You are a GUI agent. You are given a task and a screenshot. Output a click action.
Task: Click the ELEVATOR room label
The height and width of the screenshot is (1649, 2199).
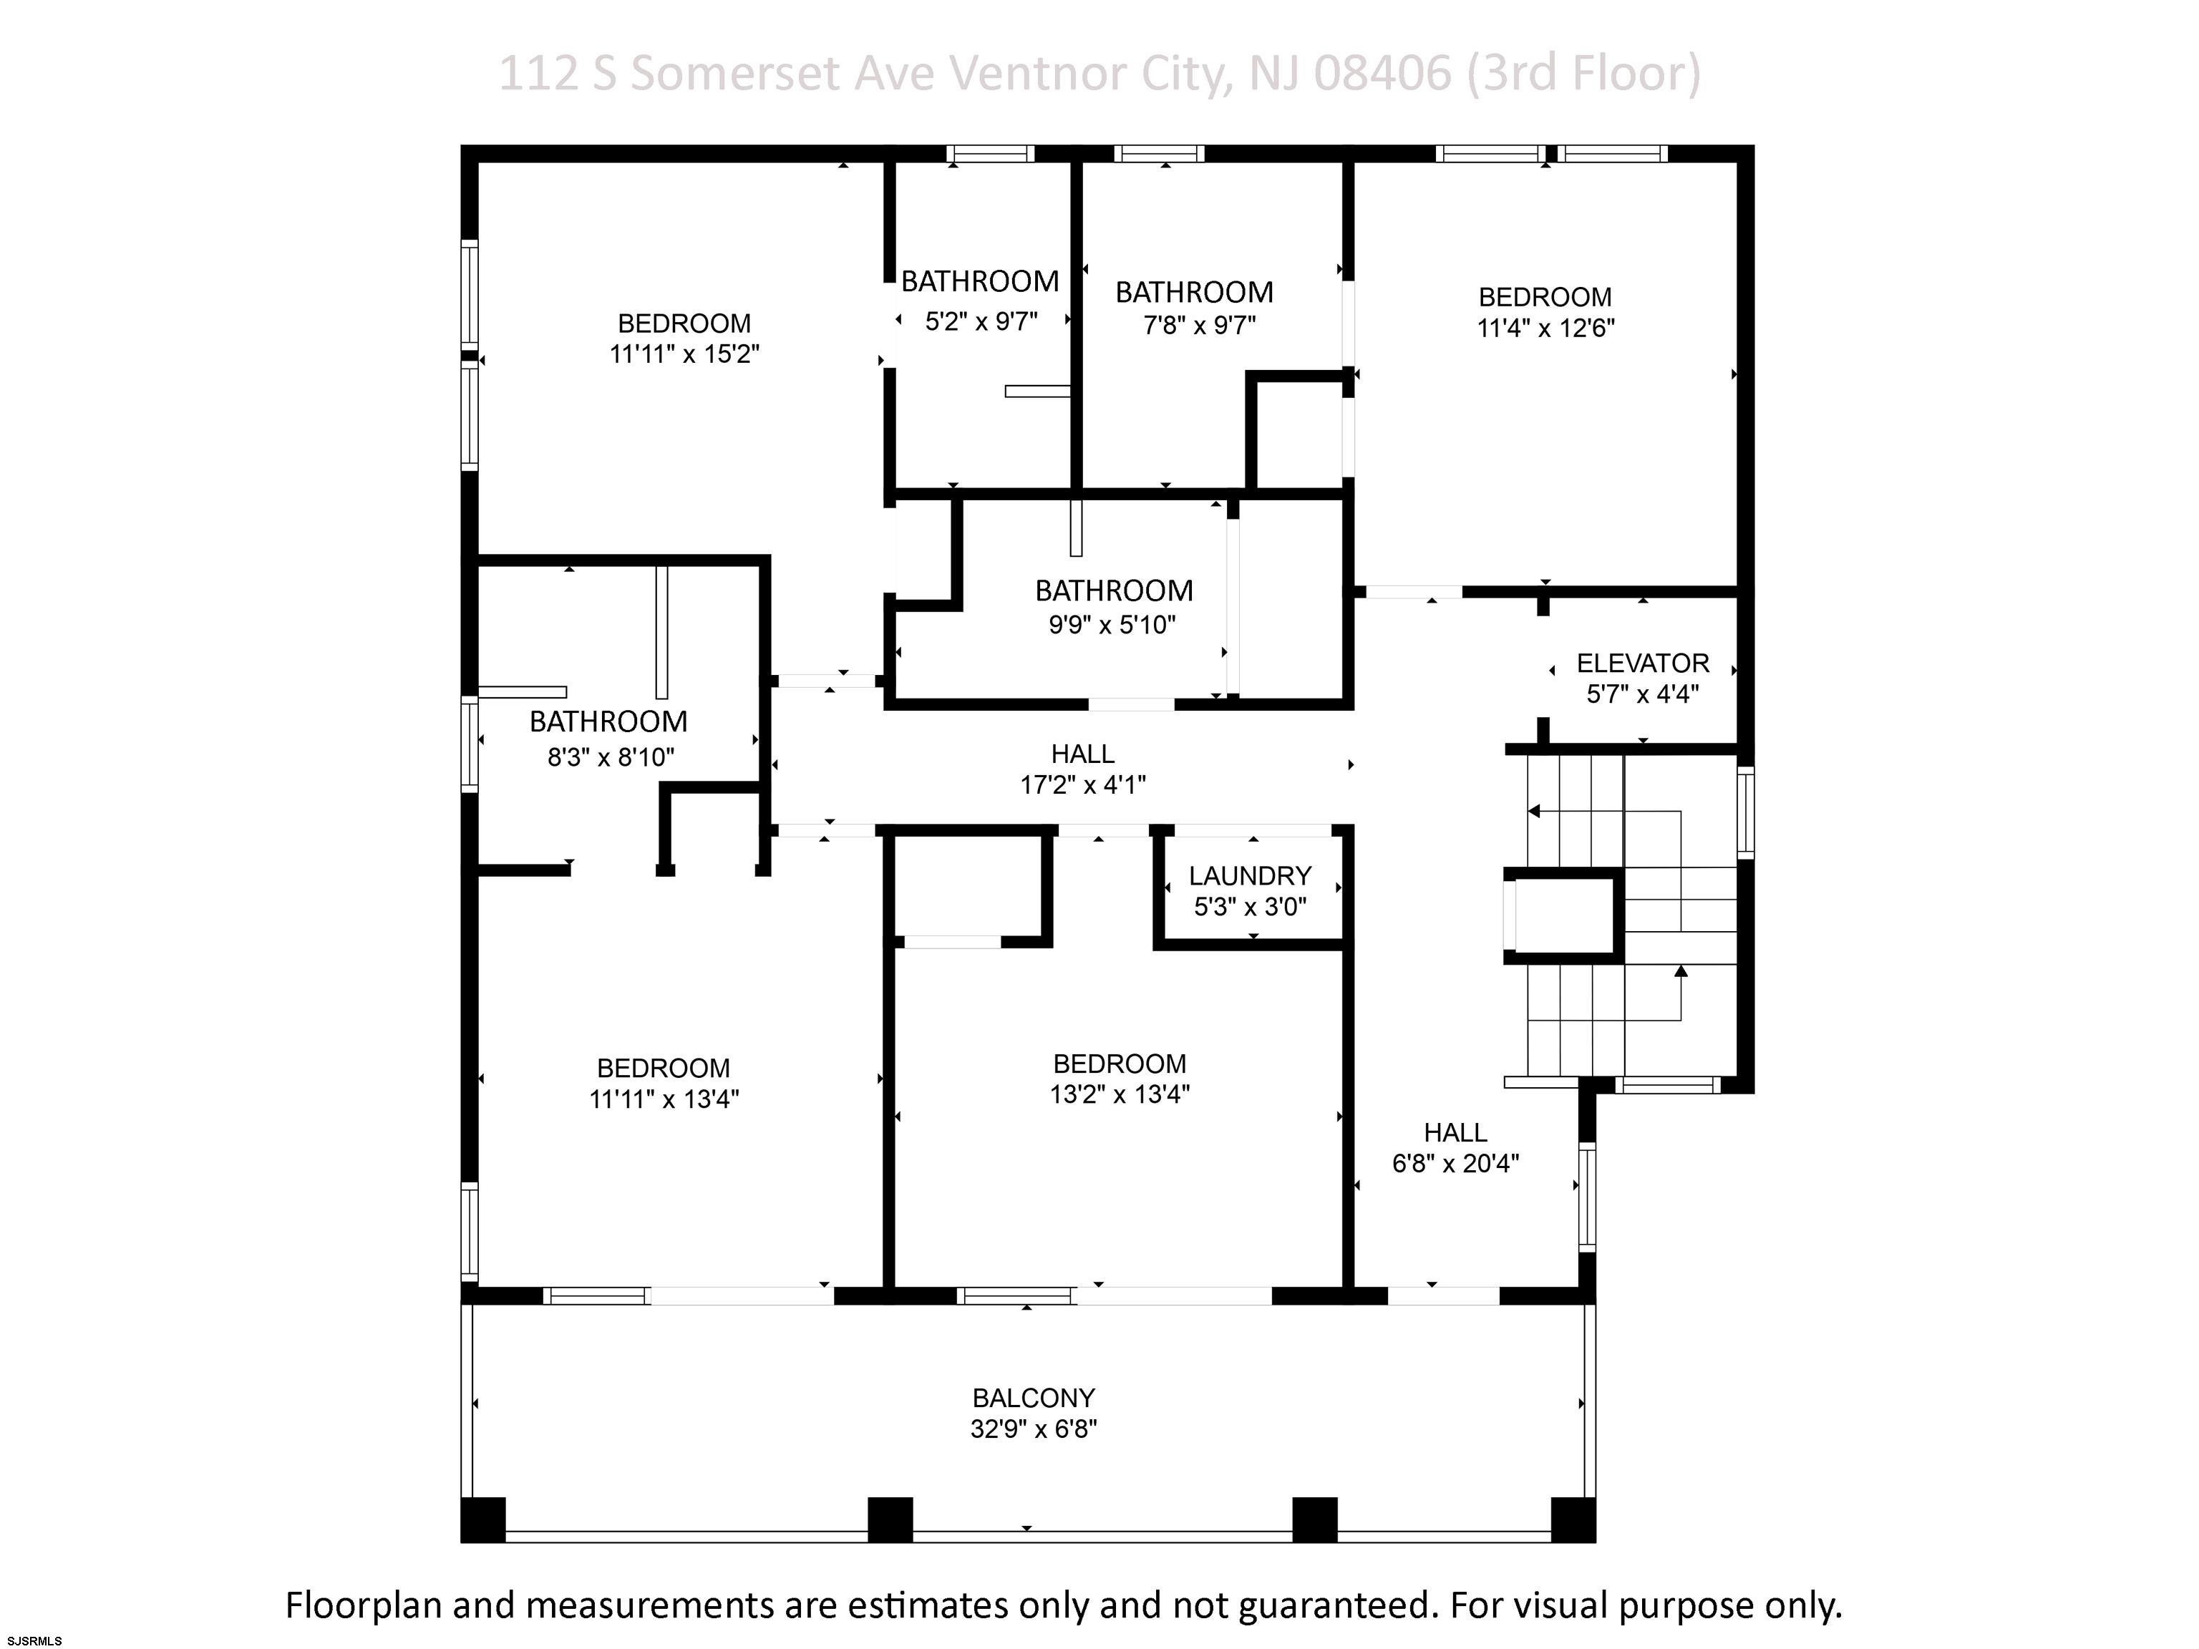pyautogui.click(x=1642, y=663)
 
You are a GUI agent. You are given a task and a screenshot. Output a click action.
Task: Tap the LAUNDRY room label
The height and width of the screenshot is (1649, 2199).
pyautogui.click(x=1250, y=876)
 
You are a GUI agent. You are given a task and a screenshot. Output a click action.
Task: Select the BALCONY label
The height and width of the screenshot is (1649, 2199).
pyautogui.click(x=1034, y=1398)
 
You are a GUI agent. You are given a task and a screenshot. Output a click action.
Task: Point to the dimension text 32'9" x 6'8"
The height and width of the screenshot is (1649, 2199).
pyautogui.click(x=1034, y=1429)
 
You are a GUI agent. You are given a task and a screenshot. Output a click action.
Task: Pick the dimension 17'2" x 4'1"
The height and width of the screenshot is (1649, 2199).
pyautogui.click(x=1082, y=785)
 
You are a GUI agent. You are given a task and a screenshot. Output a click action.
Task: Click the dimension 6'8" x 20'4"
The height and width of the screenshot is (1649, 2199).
pyautogui.click(x=1455, y=1164)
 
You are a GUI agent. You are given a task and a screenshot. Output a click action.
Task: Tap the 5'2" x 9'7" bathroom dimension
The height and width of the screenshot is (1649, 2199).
pyautogui.click(x=981, y=321)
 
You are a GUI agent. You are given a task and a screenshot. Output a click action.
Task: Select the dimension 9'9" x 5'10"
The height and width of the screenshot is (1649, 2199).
pyautogui.click(x=1112, y=624)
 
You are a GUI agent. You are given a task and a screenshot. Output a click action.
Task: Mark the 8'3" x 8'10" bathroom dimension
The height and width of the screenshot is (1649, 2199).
pyautogui.click(x=611, y=757)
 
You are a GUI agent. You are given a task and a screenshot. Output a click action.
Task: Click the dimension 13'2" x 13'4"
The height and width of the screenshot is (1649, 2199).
pyautogui.click(x=1120, y=1094)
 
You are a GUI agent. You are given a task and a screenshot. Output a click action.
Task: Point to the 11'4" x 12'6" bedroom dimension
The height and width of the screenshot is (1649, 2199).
pyautogui.click(x=1546, y=328)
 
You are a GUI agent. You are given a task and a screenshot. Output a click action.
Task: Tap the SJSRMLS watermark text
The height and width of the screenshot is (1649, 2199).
pyautogui.click(x=35, y=1641)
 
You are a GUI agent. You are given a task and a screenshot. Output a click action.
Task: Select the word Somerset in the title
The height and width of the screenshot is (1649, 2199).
pyautogui.click(x=734, y=74)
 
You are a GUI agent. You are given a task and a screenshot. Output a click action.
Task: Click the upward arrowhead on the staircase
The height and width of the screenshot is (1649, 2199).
pyautogui.click(x=1681, y=971)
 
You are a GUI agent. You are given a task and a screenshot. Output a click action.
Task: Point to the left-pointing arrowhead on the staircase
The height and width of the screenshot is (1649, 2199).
pyautogui.click(x=1534, y=811)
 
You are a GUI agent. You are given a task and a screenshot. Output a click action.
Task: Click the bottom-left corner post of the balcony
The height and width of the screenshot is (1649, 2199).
pyautogui.click(x=483, y=1519)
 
